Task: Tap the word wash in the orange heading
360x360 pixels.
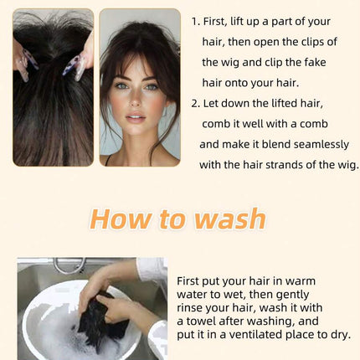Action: pos(230,219)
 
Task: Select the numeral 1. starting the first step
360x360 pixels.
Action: pos(196,22)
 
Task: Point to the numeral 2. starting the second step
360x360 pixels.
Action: pos(196,104)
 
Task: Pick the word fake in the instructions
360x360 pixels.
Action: pos(315,62)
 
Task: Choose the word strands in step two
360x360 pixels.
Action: pos(284,165)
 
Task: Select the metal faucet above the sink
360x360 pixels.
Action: pos(69,265)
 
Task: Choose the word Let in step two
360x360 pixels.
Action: pos(210,104)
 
